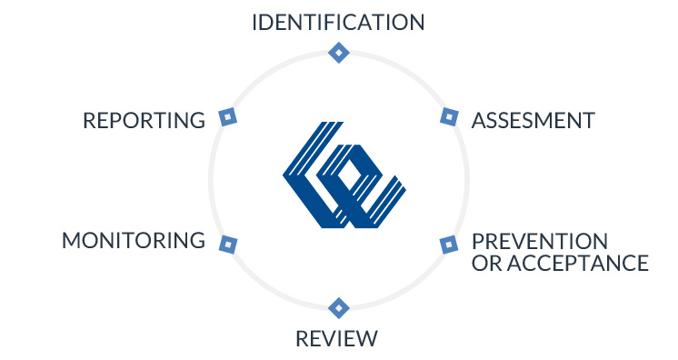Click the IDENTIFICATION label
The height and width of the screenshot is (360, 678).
(x=338, y=22)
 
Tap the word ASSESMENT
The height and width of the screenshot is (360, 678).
(x=533, y=120)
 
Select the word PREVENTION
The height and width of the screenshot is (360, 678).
(x=540, y=242)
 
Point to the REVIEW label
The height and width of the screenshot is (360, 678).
(x=336, y=339)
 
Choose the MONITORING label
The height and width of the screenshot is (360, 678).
(x=134, y=241)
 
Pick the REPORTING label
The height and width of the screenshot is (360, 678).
(x=145, y=120)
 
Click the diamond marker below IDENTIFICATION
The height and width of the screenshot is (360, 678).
(x=338, y=53)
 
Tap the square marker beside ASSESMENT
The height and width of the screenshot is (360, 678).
(x=448, y=116)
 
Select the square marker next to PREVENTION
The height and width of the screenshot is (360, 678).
(x=448, y=245)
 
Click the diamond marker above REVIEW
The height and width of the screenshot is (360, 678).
(x=338, y=307)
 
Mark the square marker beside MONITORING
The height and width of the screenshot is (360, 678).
(x=228, y=245)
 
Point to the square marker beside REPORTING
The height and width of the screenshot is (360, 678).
(x=228, y=116)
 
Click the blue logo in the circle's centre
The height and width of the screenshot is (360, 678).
(x=344, y=174)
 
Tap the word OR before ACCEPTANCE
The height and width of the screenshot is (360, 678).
(x=484, y=264)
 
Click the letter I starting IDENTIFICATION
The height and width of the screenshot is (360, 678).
(x=255, y=22)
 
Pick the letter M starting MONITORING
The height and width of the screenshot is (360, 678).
(x=71, y=241)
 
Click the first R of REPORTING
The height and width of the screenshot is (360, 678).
(x=89, y=120)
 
